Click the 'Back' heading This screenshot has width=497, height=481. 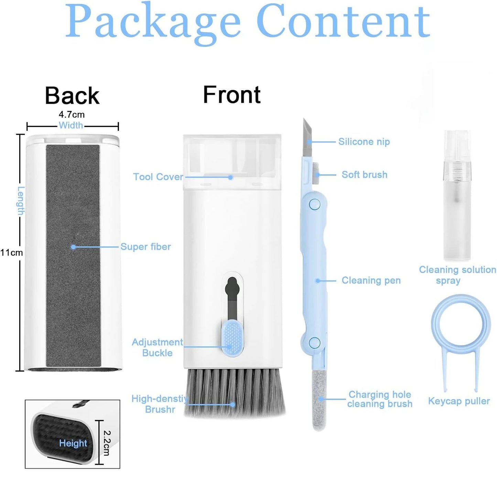[x=72, y=95]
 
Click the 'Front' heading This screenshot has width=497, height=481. [x=231, y=95]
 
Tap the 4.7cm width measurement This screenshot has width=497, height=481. [x=72, y=114]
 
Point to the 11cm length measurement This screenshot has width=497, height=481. [x=11, y=253]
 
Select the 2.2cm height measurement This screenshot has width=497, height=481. [x=107, y=443]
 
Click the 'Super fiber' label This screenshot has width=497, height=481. [x=145, y=247]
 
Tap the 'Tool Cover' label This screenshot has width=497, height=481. [x=158, y=177]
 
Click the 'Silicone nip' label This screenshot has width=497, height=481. [x=364, y=142]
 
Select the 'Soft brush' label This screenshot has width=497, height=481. [x=364, y=175]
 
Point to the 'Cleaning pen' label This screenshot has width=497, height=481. [x=371, y=280]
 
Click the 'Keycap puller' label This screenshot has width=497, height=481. [x=459, y=401]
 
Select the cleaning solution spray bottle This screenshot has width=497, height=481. [x=457, y=196]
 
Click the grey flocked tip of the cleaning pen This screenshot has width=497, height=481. [x=319, y=400]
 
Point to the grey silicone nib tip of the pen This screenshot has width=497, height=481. [x=307, y=136]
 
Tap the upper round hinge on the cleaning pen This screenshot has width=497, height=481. [x=314, y=204]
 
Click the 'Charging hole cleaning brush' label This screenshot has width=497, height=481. [x=379, y=399]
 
